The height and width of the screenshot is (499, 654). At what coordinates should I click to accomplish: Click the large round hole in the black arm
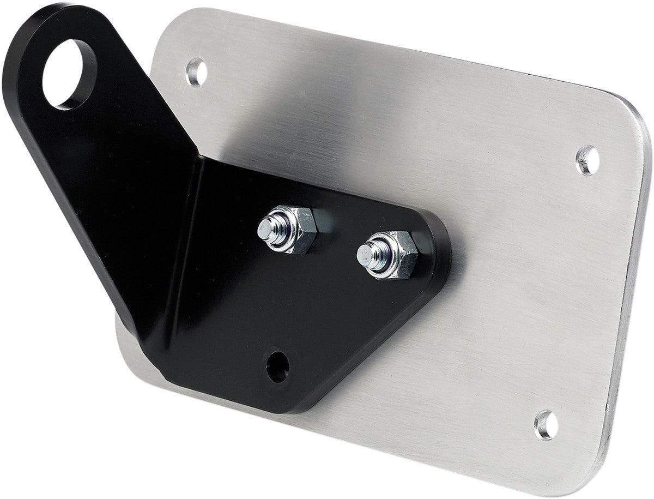click(x=69, y=74)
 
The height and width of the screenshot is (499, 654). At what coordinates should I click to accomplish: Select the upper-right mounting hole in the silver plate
click(x=588, y=160)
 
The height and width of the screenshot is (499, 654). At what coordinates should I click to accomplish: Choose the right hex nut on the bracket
click(x=392, y=255)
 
